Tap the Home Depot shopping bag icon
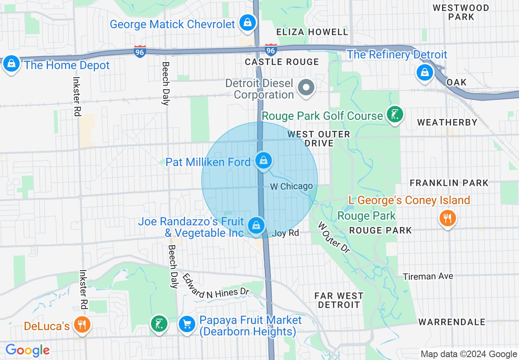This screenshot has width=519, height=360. [12, 64]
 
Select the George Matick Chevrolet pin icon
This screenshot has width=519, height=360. [248, 22]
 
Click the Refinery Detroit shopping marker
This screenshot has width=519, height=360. [425, 73]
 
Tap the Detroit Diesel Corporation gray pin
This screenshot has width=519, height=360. [306, 87]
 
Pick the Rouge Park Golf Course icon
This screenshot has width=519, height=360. [395, 115]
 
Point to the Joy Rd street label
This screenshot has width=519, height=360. [285, 233]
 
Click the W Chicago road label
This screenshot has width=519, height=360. [291, 187]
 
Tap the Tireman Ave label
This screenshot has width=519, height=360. [428, 277]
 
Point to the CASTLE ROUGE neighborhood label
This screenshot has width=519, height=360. [282, 62]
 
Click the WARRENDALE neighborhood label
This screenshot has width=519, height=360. [452, 322]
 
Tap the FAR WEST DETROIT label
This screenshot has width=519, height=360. [339, 300]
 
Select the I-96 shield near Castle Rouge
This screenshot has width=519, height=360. [270, 50]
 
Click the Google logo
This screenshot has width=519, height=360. [27, 350]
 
